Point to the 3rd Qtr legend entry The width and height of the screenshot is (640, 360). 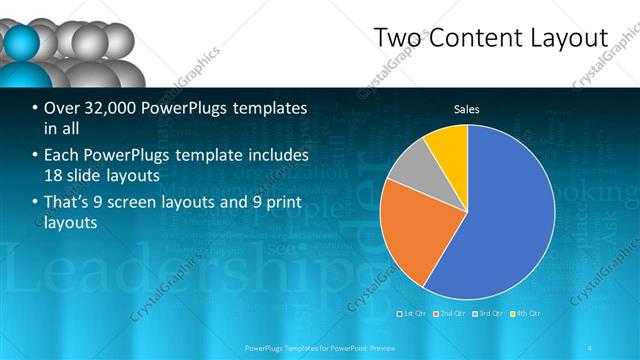pyautogui.click(x=487, y=314)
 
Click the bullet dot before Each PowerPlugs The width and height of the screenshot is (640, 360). pyautogui.click(x=35, y=157)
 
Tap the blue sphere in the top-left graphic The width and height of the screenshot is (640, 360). pyautogui.click(x=22, y=42)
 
